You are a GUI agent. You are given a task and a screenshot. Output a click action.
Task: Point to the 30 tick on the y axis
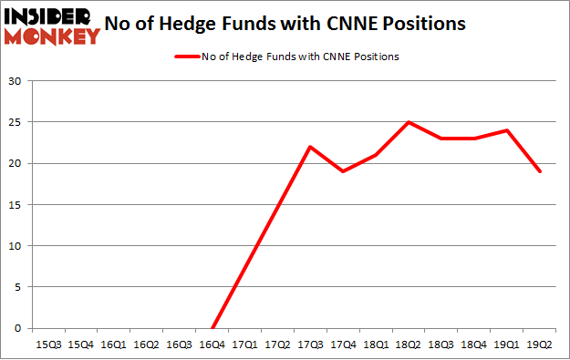16,81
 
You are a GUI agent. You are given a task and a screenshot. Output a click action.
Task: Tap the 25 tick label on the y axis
16,122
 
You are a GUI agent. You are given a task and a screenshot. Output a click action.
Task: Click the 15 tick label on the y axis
16,205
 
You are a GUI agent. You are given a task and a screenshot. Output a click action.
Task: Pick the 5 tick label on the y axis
19,287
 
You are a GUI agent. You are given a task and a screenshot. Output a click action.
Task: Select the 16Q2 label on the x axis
147,345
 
